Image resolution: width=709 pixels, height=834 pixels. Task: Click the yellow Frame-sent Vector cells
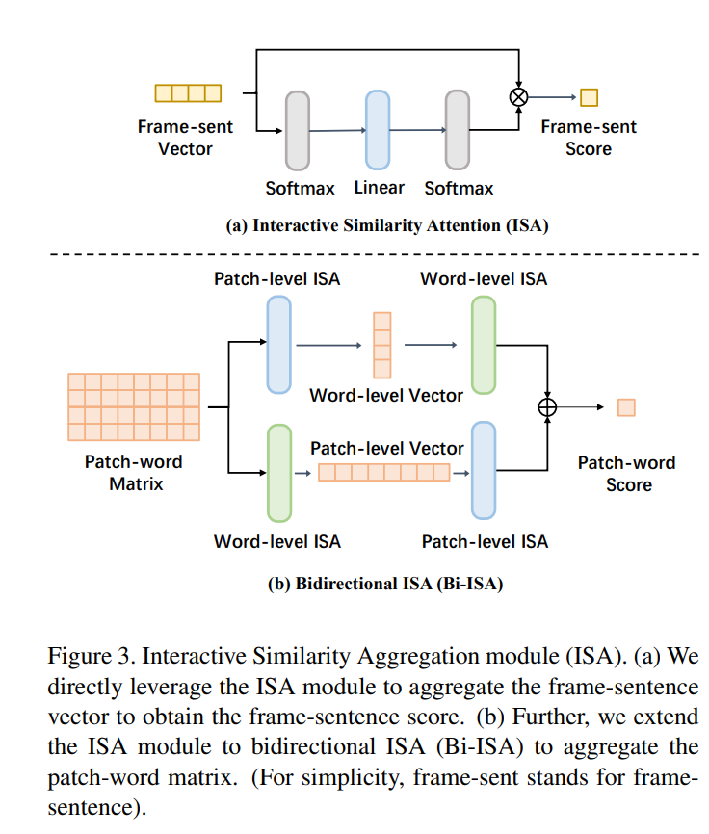pyautogui.click(x=188, y=93)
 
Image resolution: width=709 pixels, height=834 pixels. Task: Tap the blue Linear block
pyautogui.click(x=377, y=129)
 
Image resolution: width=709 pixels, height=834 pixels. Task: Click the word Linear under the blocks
pyautogui.click(x=379, y=188)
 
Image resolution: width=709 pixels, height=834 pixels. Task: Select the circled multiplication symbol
pyautogui.click(x=519, y=96)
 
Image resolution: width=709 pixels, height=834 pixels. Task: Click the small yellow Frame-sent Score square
pyautogui.click(x=589, y=96)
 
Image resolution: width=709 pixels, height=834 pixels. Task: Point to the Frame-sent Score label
pyautogui.click(x=589, y=138)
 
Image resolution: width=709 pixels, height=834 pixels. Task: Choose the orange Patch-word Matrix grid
pyautogui.click(x=134, y=406)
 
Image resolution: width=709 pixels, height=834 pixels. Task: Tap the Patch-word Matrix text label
pyautogui.click(x=134, y=473)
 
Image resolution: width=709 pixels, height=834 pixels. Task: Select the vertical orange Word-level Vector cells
pyautogui.click(x=382, y=345)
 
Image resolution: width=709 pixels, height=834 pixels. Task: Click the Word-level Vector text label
pyautogui.click(x=386, y=395)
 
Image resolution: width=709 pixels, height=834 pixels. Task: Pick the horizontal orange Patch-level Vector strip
pyautogui.click(x=383, y=472)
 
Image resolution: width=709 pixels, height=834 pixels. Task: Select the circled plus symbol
pyautogui.click(x=547, y=407)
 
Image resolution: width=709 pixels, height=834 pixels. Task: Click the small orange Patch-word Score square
pyautogui.click(x=626, y=407)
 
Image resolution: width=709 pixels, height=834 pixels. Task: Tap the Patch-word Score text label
pyautogui.click(x=627, y=473)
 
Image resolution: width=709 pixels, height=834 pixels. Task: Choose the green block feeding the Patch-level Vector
pyautogui.click(x=278, y=472)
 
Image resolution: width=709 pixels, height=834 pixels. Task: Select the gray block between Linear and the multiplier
pyautogui.click(x=457, y=129)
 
